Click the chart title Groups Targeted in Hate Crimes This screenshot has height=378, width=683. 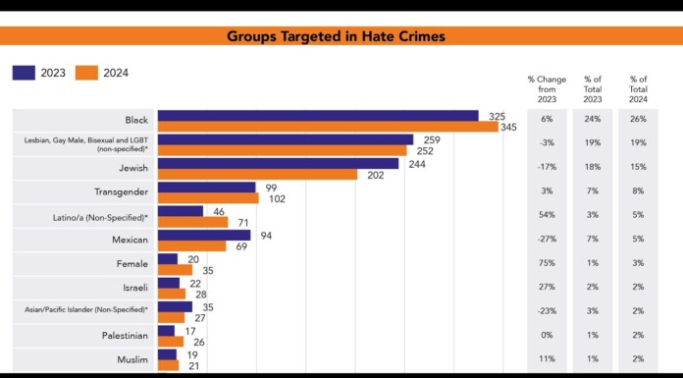click(x=336, y=36)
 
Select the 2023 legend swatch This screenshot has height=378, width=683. click(x=24, y=73)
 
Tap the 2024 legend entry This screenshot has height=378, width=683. click(x=102, y=73)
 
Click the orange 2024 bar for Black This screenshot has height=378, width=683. click(x=328, y=127)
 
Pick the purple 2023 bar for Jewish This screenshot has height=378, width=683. click(x=278, y=163)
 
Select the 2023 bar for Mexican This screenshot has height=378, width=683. click(x=204, y=235)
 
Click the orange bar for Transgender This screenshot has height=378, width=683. click(x=208, y=198)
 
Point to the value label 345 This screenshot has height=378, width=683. click(x=508, y=128)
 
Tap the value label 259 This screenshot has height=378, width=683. click(x=431, y=140)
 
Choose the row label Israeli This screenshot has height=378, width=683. click(x=133, y=288)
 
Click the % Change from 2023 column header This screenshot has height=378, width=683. click(x=547, y=88)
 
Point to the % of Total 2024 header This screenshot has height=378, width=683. click(x=639, y=88)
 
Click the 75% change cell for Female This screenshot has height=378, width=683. click(x=547, y=264)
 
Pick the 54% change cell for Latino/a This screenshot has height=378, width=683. click(x=547, y=216)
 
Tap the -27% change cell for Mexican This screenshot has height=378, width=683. click(x=547, y=241)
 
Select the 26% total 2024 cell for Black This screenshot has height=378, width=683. click(x=639, y=121)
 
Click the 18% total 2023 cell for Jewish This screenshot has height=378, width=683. click(x=593, y=168)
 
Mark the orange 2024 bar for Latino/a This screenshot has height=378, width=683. click(x=192, y=223)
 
